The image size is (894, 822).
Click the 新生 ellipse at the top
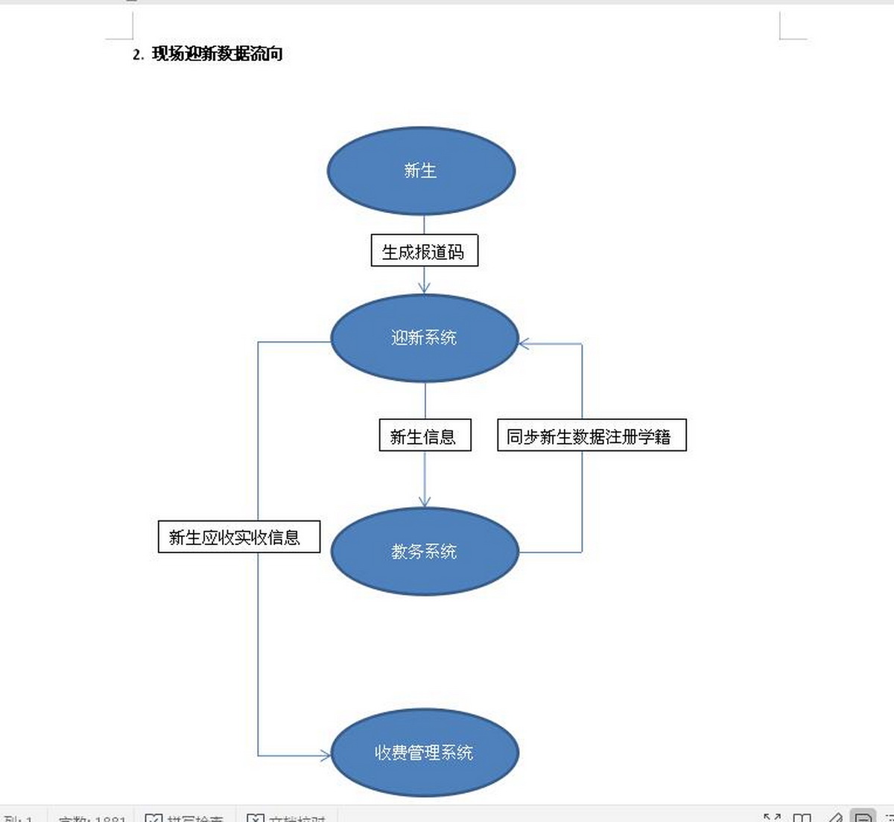(421, 171)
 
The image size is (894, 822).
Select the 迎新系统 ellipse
(424, 338)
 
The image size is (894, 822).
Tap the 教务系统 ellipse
(424, 552)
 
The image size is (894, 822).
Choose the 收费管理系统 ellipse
(424, 753)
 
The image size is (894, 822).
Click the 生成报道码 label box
(424, 252)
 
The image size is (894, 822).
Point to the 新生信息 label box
(425, 436)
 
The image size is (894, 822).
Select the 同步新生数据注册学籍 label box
(591, 436)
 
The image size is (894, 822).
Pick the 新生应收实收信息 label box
(238, 537)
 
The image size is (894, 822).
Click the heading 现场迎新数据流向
(217, 54)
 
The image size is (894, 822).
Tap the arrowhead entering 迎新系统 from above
(424, 289)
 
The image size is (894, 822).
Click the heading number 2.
(137, 54)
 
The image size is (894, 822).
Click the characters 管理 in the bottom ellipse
(424, 753)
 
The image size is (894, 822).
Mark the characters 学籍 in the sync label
(655, 437)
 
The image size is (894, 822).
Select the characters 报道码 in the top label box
(440, 252)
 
